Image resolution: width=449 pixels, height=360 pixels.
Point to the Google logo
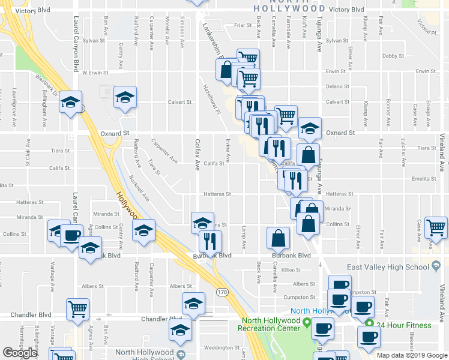pyautogui.click(x=20, y=352)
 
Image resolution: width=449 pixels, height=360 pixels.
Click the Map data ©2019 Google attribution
pyautogui.click(x=412, y=355)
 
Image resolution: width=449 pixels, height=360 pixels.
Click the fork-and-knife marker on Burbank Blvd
pyautogui.click(x=210, y=241)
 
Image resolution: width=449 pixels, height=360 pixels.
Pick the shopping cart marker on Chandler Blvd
pyautogui.click(x=77, y=309)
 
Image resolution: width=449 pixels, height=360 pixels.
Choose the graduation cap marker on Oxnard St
pyautogui.click(x=310, y=128)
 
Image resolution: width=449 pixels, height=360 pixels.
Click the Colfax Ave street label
pyautogui.click(x=197, y=155)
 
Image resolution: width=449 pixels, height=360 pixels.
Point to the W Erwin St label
pyautogui.click(x=95, y=72)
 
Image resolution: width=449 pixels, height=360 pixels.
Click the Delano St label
pyautogui.click(x=337, y=86)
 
